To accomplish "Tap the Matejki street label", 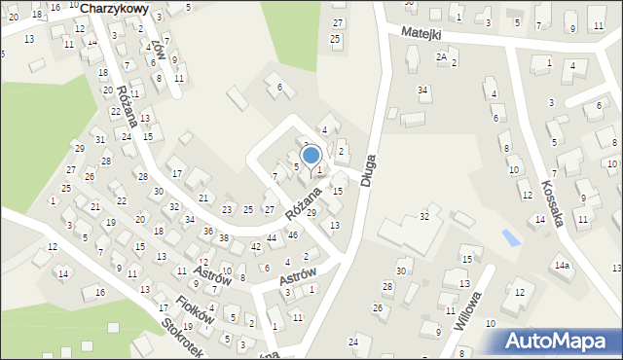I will pos(421,34).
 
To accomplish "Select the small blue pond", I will pos(509,236).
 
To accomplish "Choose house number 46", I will pos(293,235).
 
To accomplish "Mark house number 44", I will pos(272,238).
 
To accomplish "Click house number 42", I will pos(256,247).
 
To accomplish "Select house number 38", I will pos(224,238).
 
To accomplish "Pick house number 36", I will pos(208,231).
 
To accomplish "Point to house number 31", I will pos(98,139).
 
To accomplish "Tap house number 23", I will pos(227,209).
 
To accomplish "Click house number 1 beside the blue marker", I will pos(318,170).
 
